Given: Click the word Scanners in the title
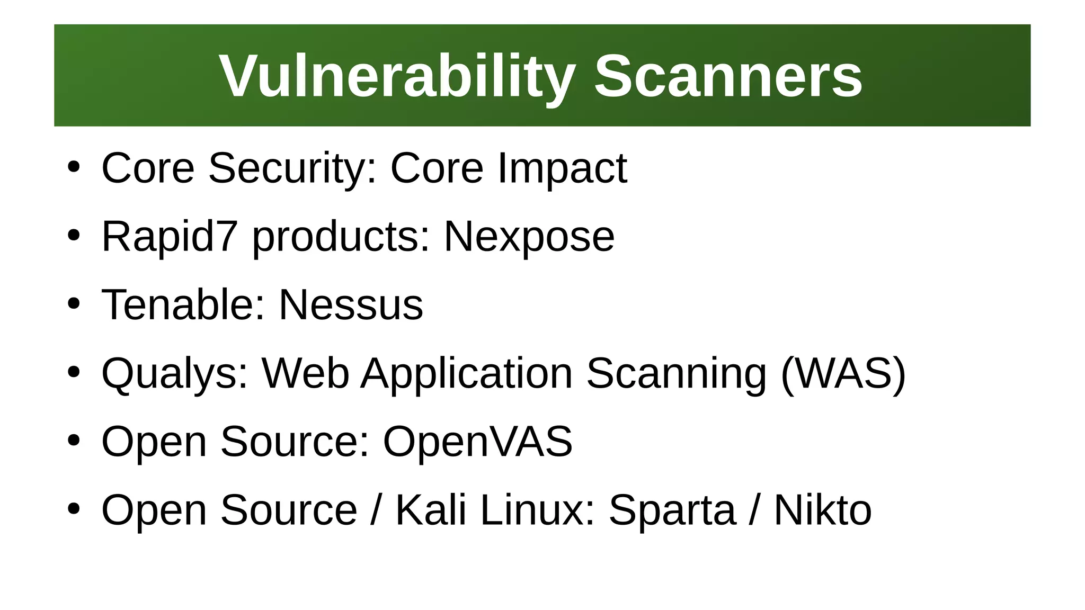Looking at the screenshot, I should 728,77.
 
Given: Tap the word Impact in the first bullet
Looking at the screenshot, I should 562,168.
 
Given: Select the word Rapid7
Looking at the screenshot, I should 169,236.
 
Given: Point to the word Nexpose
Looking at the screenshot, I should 529,237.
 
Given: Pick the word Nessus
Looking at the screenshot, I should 351,305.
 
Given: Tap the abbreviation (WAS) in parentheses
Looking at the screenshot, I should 843,374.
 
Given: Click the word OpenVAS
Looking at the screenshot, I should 477,441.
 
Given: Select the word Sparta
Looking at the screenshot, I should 672,510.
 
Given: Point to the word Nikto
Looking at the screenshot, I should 823,510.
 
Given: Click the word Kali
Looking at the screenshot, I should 431,510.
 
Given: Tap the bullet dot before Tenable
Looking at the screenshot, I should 74,304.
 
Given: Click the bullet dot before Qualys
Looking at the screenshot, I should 74,372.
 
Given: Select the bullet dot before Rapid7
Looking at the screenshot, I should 74,235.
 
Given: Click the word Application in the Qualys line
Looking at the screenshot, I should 467,374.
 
